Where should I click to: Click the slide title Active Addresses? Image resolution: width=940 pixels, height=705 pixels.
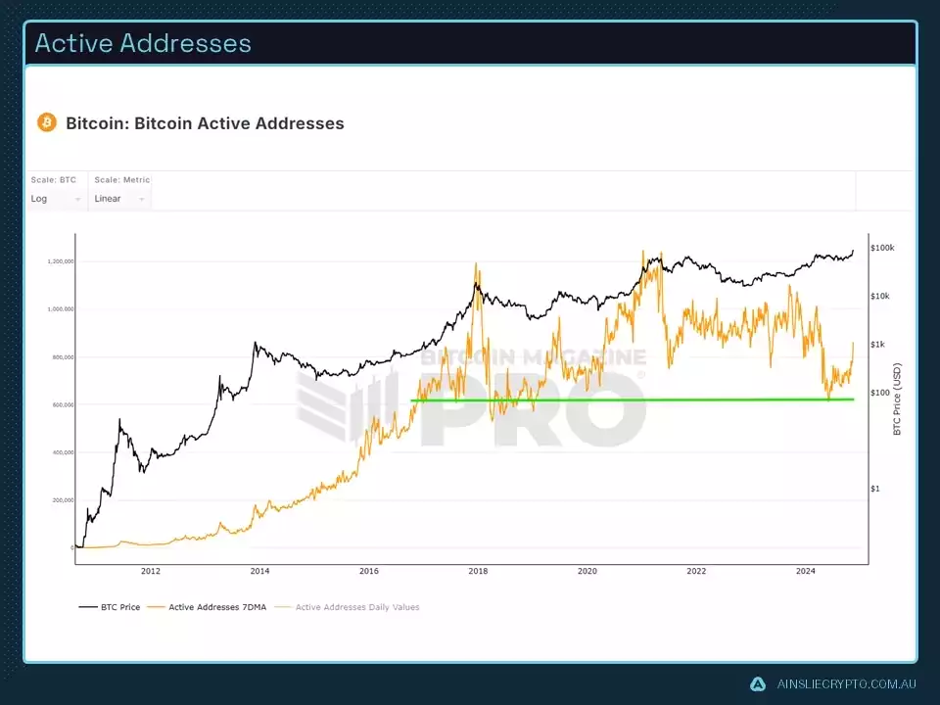tap(143, 44)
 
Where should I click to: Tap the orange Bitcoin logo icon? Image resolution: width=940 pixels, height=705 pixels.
tap(46, 122)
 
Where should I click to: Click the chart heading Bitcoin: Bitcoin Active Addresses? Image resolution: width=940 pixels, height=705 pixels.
tap(205, 123)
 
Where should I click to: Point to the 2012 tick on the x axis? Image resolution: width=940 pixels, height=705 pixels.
tap(150, 571)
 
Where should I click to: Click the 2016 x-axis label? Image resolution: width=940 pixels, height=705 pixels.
tap(368, 571)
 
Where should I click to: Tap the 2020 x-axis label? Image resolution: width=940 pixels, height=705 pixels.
tap(587, 571)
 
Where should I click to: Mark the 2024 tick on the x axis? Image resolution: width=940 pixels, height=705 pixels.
tap(805, 571)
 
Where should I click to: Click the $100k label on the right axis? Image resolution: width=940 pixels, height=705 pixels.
tap(882, 249)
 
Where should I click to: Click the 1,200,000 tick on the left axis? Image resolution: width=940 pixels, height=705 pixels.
tap(61, 261)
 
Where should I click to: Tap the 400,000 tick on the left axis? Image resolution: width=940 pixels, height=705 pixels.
tap(61, 452)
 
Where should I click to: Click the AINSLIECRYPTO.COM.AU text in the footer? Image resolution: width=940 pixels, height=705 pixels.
tap(844, 684)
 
